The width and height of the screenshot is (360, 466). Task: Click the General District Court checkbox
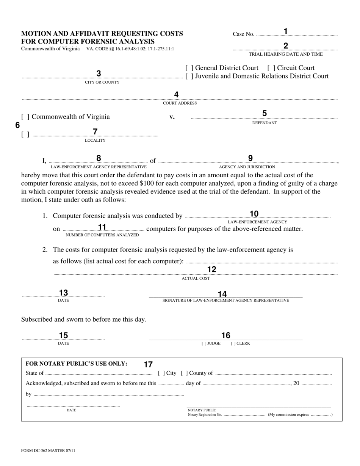pos(189,68)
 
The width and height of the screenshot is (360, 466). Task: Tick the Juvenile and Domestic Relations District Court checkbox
pos(189,76)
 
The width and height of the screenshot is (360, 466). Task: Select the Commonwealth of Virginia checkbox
pos(25,117)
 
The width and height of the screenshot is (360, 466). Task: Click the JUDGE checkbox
pos(204,344)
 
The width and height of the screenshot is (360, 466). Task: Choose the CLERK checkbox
pos(233,344)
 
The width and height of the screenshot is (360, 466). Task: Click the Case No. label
pos(243,34)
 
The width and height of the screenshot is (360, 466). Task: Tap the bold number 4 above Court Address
pos(176,95)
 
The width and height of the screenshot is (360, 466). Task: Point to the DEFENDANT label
pos(265,123)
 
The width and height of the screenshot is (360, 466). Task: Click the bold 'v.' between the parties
pos(172,117)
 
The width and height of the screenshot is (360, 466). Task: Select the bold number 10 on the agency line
pos(254,214)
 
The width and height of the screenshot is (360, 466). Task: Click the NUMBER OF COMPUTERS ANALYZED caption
pos(102,235)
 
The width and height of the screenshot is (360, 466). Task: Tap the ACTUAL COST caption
pos(196,278)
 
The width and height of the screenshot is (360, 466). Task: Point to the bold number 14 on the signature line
pos(222,294)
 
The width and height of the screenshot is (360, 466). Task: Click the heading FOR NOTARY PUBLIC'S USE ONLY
pos(76,364)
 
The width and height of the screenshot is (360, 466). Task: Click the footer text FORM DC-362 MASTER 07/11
pos(45,451)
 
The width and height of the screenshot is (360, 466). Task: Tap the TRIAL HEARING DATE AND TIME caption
pos(286,54)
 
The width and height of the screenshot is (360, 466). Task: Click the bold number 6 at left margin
pos(17,125)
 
